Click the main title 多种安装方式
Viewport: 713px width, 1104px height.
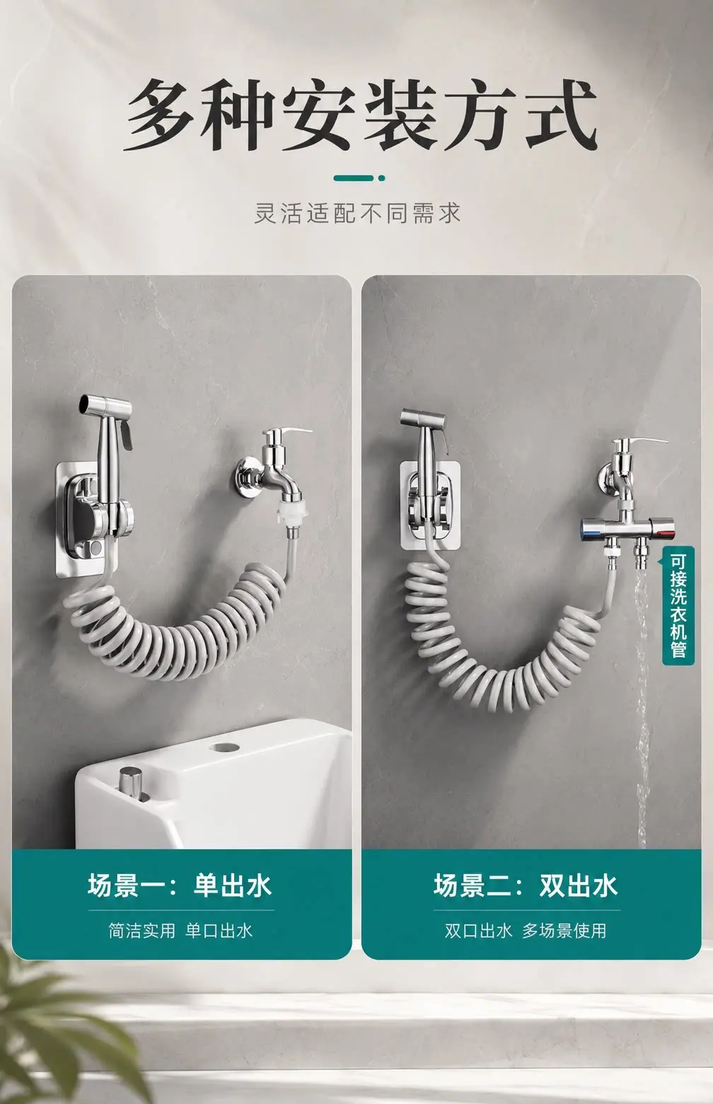pos(360,115)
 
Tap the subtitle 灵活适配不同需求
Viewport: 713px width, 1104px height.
pos(357,214)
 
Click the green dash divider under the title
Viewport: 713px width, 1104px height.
pos(359,178)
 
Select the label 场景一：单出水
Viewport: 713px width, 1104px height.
pos(180,885)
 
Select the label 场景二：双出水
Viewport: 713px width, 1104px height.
pos(526,885)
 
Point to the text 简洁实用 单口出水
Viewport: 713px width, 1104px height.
pos(180,931)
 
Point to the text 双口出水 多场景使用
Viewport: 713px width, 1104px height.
pos(526,931)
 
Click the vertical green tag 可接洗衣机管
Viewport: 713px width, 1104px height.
pos(678,605)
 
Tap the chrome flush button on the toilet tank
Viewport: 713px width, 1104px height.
pos(131,781)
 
